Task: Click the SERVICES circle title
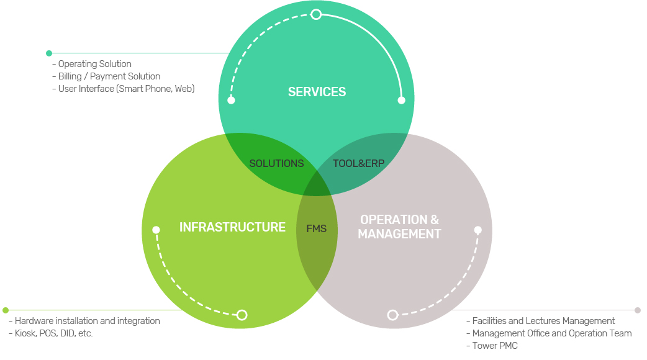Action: (317, 92)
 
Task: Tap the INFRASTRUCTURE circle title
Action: (232, 227)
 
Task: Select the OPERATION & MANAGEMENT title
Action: (399, 227)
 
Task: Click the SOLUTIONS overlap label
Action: (276, 164)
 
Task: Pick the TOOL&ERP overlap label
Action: (359, 164)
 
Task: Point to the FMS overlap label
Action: (317, 228)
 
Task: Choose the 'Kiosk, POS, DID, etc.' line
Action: (53, 333)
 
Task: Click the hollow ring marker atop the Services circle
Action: (316, 14)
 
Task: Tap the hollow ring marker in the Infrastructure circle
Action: (242, 315)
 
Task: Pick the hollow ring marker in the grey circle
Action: (392, 315)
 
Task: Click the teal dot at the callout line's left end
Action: (49, 53)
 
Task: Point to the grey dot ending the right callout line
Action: (637, 310)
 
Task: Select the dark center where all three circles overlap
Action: (317, 184)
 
